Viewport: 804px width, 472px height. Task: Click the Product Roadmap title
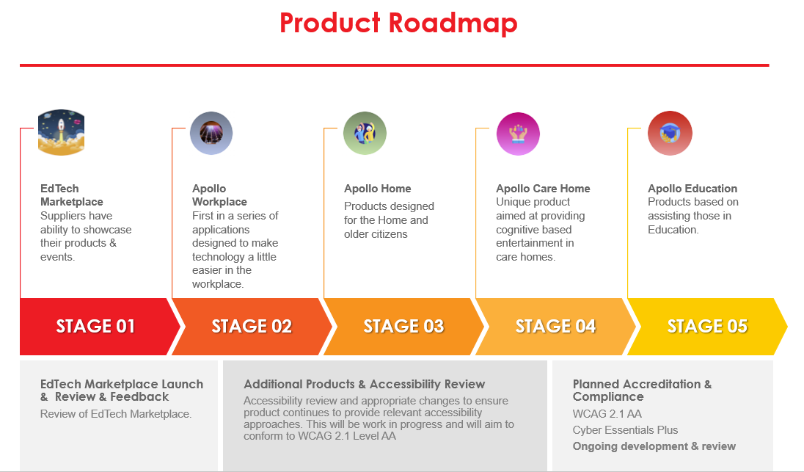(x=398, y=23)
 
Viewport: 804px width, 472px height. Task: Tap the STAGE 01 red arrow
(x=96, y=327)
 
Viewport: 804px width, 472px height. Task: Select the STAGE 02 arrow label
(x=252, y=327)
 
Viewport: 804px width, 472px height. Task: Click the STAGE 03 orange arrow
(x=403, y=327)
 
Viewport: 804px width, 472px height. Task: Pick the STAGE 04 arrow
(x=555, y=327)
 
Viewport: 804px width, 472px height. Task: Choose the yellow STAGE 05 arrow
(x=707, y=327)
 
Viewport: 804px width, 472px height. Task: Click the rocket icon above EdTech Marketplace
(x=61, y=133)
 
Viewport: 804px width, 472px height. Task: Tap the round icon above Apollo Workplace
(x=211, y=134)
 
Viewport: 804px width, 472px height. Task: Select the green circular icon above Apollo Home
(x=365, y=134)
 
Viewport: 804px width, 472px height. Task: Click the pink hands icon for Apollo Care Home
(x=518, y=134)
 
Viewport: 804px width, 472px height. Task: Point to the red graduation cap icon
(x=670, y=134)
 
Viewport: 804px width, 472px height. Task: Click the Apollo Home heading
(x=378, y=189)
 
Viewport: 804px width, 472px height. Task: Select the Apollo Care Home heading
(x=543, y=189)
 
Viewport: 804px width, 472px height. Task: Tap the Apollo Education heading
(x=692, y=189)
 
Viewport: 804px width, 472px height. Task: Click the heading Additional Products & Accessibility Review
(x=365, y=384)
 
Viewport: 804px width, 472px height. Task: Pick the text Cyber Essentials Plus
(x=625, y=430)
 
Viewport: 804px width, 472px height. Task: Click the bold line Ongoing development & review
(x=654, y=446)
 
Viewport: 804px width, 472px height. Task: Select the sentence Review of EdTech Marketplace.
(x=116, y=414)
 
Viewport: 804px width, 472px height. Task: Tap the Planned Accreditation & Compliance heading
(x=642, y=390)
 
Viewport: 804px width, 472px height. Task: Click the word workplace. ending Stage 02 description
(x=218, y=284)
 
